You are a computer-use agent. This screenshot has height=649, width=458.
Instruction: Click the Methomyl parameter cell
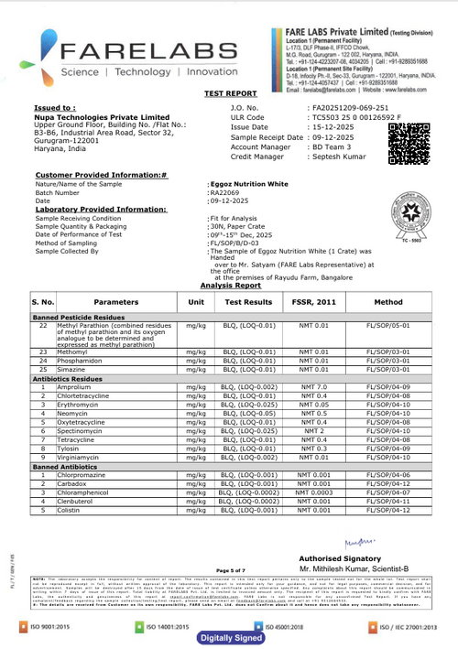pos(73,352)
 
